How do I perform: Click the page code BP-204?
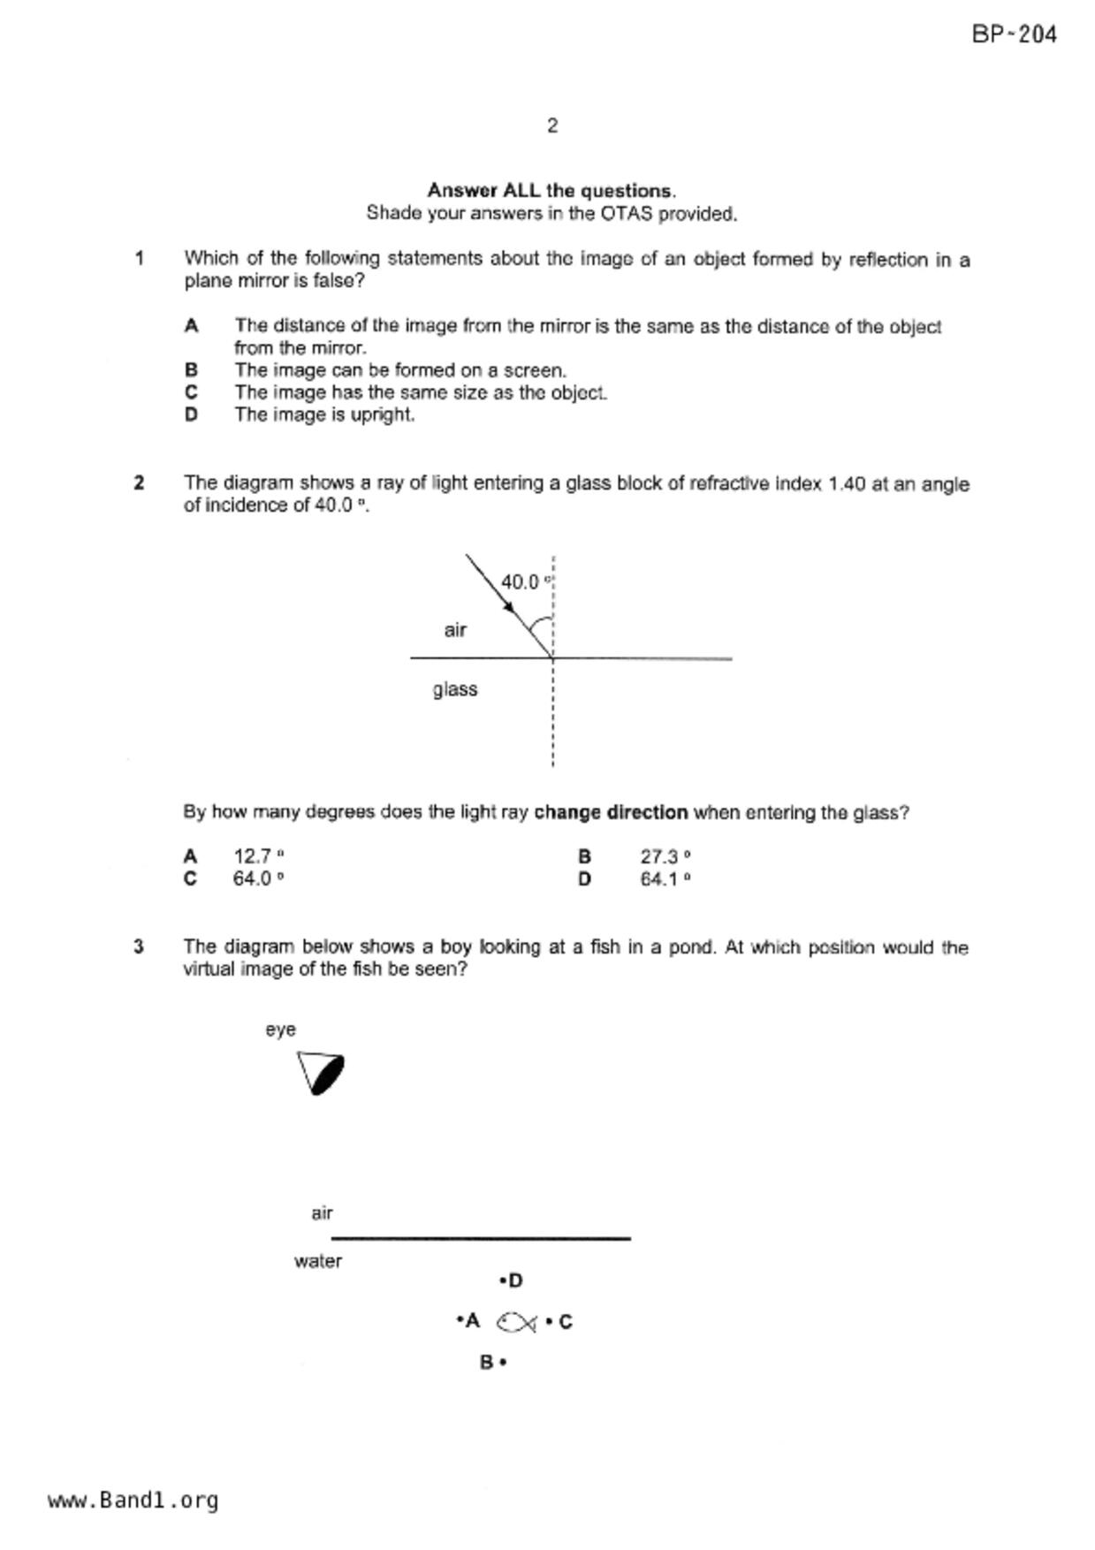(x=1014, y=34)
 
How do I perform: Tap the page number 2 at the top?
(x=552, y=125)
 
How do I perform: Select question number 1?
(x=139, y=258)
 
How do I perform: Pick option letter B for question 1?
(x=191, y=370)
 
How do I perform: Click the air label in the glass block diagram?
(x=455, y=630)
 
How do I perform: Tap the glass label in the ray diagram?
(x=455, y=689)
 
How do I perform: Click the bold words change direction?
(x=611, y=812)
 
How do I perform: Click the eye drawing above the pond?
(x=321, y=1073)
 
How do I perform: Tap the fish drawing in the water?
(x=517, y=1322)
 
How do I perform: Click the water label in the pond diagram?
(x=318, y=1261)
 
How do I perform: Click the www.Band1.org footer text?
(x=133, y=1501)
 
